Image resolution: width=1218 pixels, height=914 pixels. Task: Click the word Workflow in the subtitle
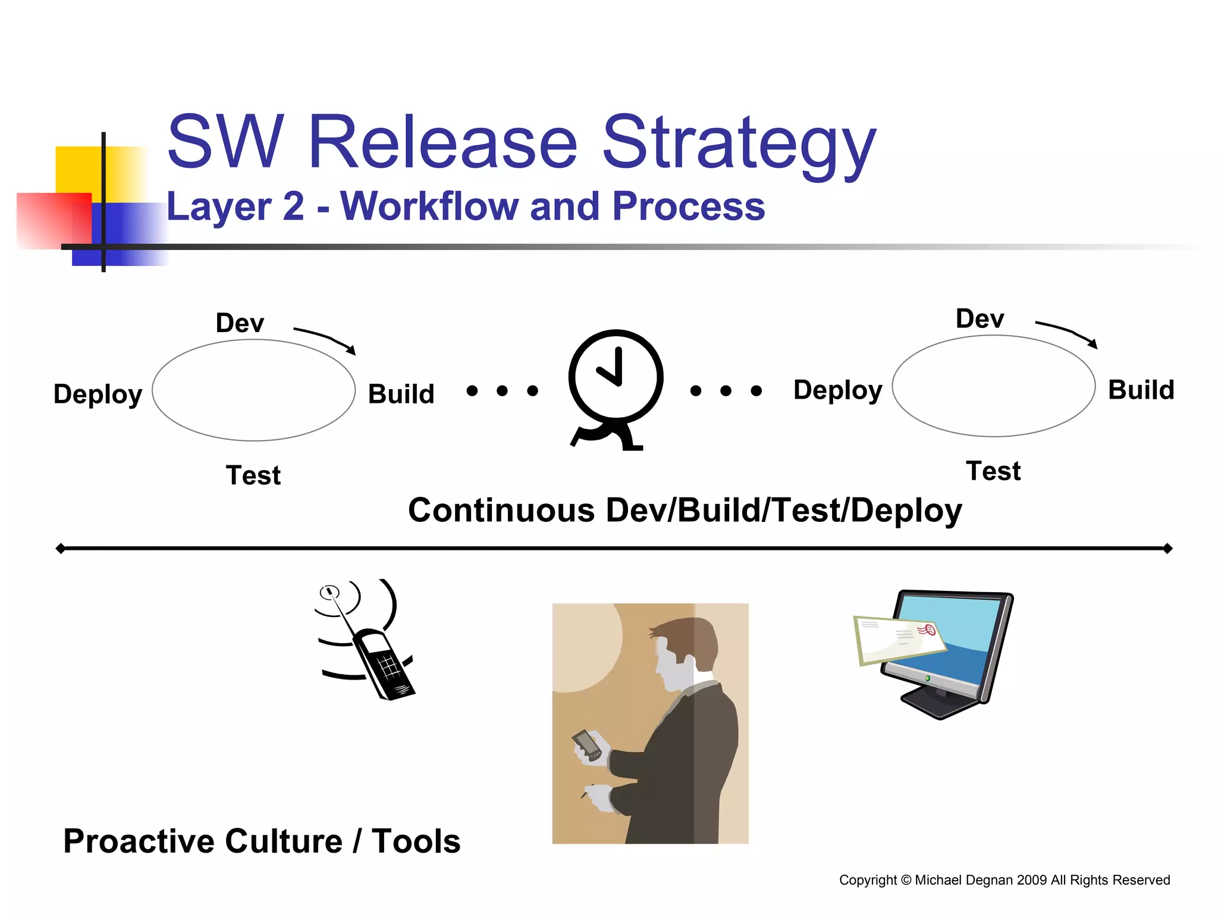tap(429, 206)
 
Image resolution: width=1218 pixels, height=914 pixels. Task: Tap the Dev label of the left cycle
tap(240, 323)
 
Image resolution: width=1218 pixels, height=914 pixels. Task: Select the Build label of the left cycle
tap(401, 394)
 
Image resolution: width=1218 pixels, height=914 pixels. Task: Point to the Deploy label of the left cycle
tap(98, 394)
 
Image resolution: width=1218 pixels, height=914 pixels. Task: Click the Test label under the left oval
tap(253, 475)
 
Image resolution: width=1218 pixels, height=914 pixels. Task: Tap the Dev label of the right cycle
tap(980, 319)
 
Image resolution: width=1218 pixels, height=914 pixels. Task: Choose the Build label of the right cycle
tap(1141, 390)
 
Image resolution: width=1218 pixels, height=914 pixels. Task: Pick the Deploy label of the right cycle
tap(837, 390)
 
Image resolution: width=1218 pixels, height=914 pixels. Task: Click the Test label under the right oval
tap(993, 471)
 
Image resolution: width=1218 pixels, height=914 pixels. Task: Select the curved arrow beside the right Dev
tap(1067, 333)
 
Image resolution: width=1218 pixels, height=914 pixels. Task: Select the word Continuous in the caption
tap(501, 511)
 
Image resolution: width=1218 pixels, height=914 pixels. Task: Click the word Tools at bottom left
tap(416, 841)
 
